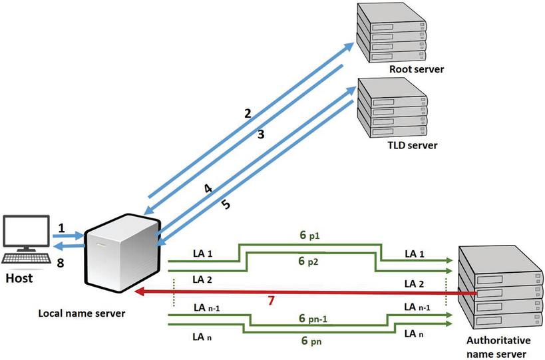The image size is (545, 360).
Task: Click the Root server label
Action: [417, 69]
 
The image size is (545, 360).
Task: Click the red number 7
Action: [270, 301]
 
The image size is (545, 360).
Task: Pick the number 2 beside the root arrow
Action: [248, 113]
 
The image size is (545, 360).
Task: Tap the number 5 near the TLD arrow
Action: [226, 204]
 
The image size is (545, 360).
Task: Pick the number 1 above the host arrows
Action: [61, 228]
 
